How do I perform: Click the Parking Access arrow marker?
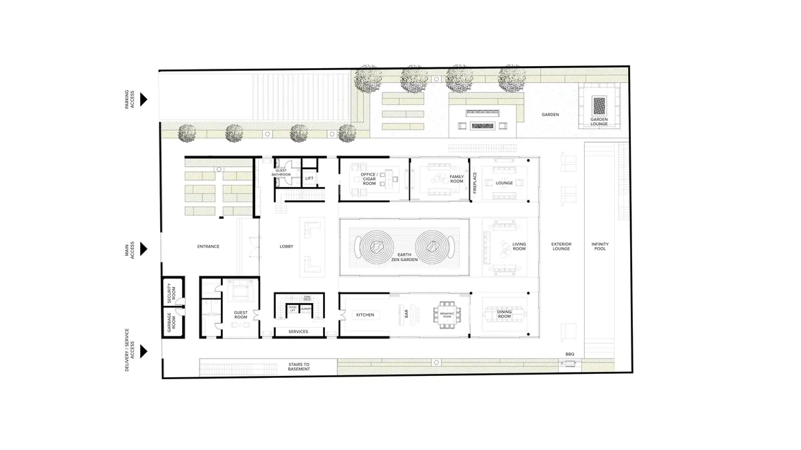click(144, 99)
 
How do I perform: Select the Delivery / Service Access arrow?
click(144, 351)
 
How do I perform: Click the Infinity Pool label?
click(599, 247)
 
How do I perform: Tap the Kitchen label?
click(364, 314)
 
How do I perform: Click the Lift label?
click(309, 178)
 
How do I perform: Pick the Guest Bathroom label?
click(282, 173)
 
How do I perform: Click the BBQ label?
click(569, 354)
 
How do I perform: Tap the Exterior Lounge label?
click(561, 247)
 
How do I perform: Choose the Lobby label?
click(286, 247)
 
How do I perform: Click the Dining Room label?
click(504, 314)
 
